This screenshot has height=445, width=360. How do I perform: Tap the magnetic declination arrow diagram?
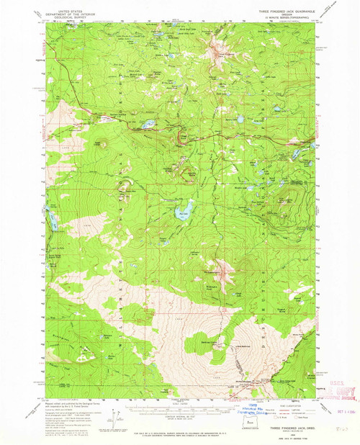click(117, 414)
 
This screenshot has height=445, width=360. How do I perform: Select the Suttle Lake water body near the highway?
click(147, 125)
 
